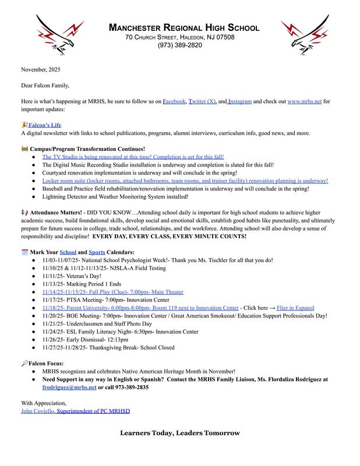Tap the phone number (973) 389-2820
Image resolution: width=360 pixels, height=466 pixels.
(179, 45)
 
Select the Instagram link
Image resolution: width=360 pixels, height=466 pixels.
(239, 101)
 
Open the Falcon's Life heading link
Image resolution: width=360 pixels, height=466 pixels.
(44, 125)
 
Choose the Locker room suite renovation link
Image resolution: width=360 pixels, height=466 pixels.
(185, 181)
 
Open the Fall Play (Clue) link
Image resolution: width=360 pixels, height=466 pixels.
(113, 292)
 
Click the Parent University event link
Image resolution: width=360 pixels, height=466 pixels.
(140, 308)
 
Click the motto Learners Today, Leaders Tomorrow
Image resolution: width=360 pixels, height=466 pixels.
(180, 433)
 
